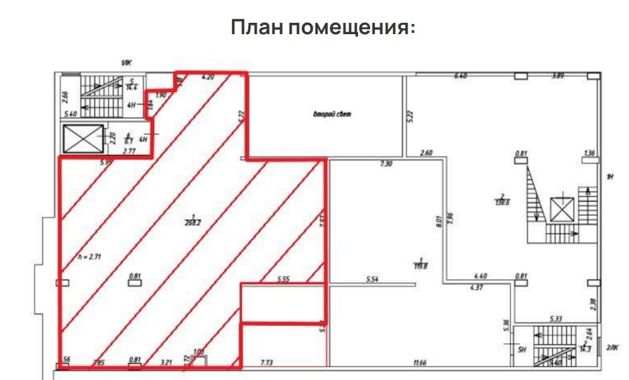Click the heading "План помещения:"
[323, 29]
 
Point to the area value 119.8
[420, 264]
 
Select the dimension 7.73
[268, 363]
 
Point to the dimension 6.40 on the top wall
[460, 76]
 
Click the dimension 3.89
[557, 76]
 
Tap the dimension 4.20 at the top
[208, 78]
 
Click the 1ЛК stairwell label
[125, 62]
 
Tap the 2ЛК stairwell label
[612, 347]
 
